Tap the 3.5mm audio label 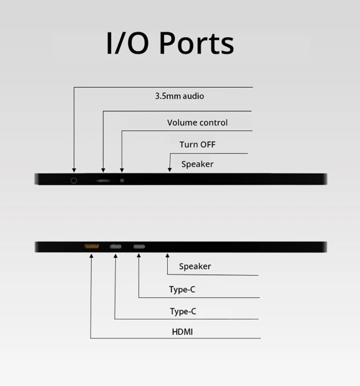180,96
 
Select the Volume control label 197,123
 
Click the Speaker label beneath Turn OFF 197,164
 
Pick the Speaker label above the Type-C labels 195,266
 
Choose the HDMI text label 182,332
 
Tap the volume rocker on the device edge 104,180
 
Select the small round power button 122,180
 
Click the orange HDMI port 91,246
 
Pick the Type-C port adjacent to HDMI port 115,246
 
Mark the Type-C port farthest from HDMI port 139,246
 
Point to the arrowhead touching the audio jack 74,170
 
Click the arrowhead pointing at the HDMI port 91,256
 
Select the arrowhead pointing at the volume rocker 104,170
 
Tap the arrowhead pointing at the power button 122,170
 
